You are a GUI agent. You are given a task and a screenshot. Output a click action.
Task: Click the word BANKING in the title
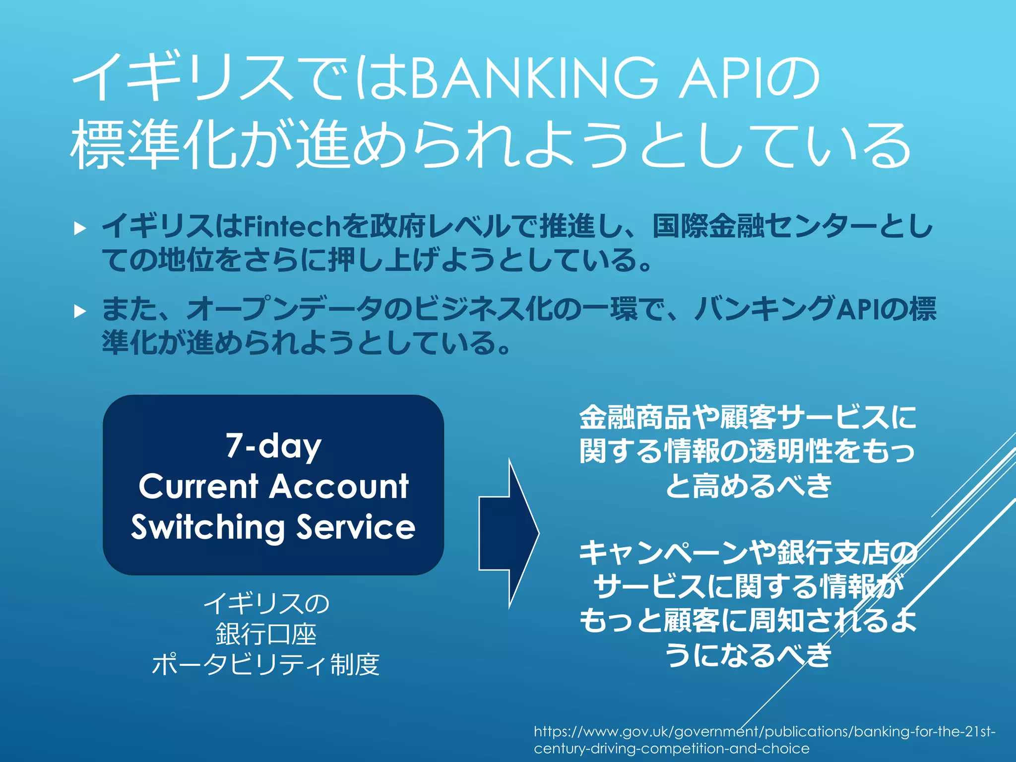tap(534, 78)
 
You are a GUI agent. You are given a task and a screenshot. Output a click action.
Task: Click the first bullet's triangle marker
tap(79, 228)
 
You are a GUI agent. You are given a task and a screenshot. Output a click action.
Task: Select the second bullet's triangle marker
tap(79, 312)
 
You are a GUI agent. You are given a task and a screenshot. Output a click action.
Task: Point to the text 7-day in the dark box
tap(273, 445)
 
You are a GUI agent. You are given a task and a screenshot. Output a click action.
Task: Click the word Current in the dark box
tap(198, 486)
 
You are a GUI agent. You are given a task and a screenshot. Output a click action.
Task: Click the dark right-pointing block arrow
tap(508, 533)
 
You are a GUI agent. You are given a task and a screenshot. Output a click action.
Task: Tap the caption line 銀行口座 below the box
tap(266, 634)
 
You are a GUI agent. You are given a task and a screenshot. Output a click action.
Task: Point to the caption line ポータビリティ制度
tap(266, 665)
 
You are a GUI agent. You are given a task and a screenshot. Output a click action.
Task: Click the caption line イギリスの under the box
tap(266, 604)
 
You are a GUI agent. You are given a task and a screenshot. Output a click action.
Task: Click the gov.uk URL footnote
tap(764, 739)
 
